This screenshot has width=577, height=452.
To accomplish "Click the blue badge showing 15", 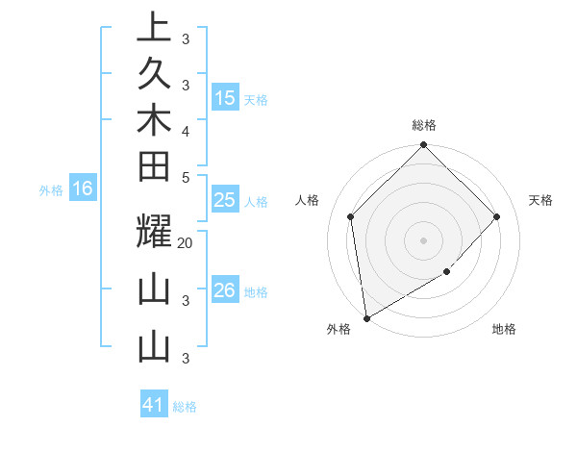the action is pos(225,98).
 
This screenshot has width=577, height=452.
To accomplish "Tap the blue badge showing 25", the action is pos(225,200).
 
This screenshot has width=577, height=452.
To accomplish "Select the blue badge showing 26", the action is pos(225,290).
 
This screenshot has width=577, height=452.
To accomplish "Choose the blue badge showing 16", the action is pos(83,188).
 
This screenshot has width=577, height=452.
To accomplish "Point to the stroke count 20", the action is pos(186,243).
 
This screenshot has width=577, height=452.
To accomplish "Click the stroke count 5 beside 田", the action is pos(185,176).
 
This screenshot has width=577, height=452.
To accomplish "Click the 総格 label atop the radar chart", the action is pos(424,125).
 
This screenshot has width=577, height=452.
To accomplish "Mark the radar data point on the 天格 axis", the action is pos(497,216).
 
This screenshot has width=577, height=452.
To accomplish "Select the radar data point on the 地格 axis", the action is pos(447,272).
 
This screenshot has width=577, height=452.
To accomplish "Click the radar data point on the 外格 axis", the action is pos(366,317).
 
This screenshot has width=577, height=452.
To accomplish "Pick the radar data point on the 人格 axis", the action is pos(351,216).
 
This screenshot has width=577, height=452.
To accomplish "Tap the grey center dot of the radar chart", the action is pos(424,239).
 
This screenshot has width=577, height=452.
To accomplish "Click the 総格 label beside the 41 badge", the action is pos(185,407).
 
